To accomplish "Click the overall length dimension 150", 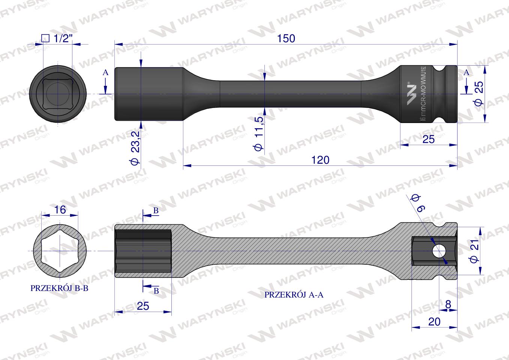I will tap(286, 38).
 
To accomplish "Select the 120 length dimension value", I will tap(320, 160).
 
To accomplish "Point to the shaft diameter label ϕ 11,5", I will tap(259, 133).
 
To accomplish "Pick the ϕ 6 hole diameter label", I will tap(416, 202).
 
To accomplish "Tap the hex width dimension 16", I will tap(60, 210).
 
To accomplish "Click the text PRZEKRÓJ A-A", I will tap(294, 295).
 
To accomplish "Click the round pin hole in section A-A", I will tap(438, 250).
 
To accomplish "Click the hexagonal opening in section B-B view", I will tap(60, 250).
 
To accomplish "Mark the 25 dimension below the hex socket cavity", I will tap(143, 306).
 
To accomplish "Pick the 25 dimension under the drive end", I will tap(428, 139).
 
